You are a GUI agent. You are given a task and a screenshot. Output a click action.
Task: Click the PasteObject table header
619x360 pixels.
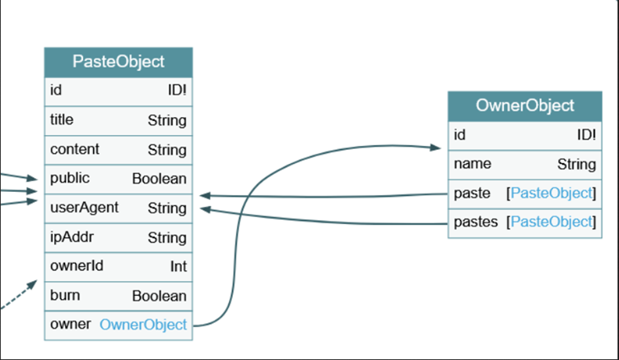tap(119, 63)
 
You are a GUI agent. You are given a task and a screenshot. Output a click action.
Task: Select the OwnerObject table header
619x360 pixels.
tap(524, 106)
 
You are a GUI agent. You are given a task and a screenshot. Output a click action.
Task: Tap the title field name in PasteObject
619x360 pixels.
tap(62, 119)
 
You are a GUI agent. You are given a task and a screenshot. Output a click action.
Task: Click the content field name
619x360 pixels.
tap(75, 149)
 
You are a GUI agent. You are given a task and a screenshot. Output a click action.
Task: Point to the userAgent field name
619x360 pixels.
tap(84, 208)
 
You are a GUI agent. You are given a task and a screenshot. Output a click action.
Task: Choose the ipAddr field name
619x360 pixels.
tap(72, 237)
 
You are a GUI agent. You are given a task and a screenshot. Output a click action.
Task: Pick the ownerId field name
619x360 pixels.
tap(77, 266)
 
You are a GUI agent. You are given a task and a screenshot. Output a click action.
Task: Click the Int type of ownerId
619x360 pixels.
tap(179, 267)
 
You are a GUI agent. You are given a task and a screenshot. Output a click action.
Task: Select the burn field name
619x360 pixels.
tap(65, 296)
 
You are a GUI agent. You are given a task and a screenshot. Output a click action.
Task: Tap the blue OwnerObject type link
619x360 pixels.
tap(143, 325)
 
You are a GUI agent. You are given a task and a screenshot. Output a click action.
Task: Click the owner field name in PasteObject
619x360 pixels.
tap(70, 325)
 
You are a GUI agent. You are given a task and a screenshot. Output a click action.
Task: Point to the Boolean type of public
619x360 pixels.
tap(159, 179)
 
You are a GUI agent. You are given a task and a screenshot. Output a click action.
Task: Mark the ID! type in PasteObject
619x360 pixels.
tap(177, 91)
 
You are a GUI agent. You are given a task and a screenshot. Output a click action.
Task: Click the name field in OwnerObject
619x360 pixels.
tap(472, 164)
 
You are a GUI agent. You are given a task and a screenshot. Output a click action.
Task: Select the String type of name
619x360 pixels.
tap(576, 165)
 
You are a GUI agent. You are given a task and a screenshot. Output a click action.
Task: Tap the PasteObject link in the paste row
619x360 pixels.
tap(552, 194)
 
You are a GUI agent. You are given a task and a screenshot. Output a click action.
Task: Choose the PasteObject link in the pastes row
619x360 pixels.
tap(552, 222)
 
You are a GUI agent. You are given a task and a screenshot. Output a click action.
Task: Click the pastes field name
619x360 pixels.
tap(476, 222)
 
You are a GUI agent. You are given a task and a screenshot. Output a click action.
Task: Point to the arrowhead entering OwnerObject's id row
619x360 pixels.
tap(435, 147)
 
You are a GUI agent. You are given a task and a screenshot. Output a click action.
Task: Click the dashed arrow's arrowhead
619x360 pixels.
tap(32, 284)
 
